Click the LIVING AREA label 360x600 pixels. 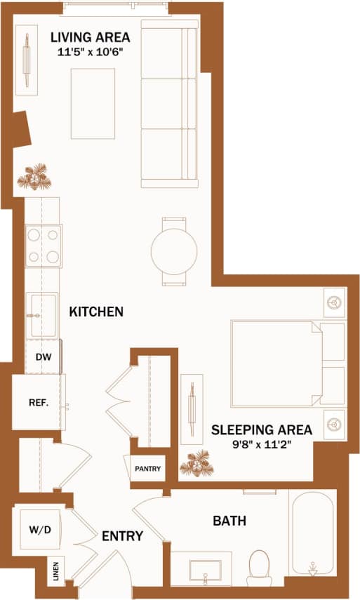point(89,36)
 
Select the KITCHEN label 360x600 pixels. point(96,312)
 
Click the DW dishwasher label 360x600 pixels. point(44,356)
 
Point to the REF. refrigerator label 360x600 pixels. point(38,403)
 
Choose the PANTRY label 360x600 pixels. point(148,469)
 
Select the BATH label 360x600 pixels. point(229,521)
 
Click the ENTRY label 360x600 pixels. point(122,537)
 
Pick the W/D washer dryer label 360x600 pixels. point(39,528)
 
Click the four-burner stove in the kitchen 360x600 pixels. point(44,246)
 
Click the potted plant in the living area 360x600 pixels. point(33,178)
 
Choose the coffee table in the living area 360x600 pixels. point(93,104)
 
